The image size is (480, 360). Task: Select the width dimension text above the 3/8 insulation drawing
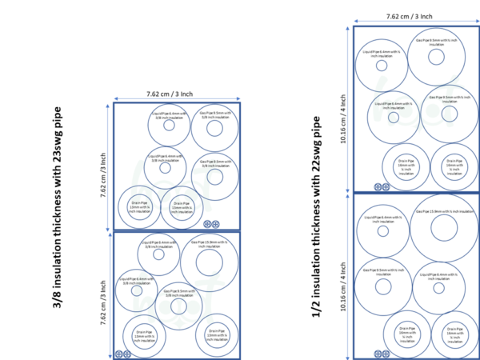tap(170, 94)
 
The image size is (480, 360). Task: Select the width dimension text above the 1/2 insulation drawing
tap(409, 15)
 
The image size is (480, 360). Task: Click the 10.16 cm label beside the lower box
tap(342, 277)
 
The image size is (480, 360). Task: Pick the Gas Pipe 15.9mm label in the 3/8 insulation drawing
tap(210, 243)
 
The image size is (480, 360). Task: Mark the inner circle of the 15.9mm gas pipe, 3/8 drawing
tap(209, 262)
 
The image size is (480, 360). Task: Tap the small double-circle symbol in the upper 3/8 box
tap(212, 225)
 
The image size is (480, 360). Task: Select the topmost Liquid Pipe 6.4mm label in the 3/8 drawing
tap(168, 115)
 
